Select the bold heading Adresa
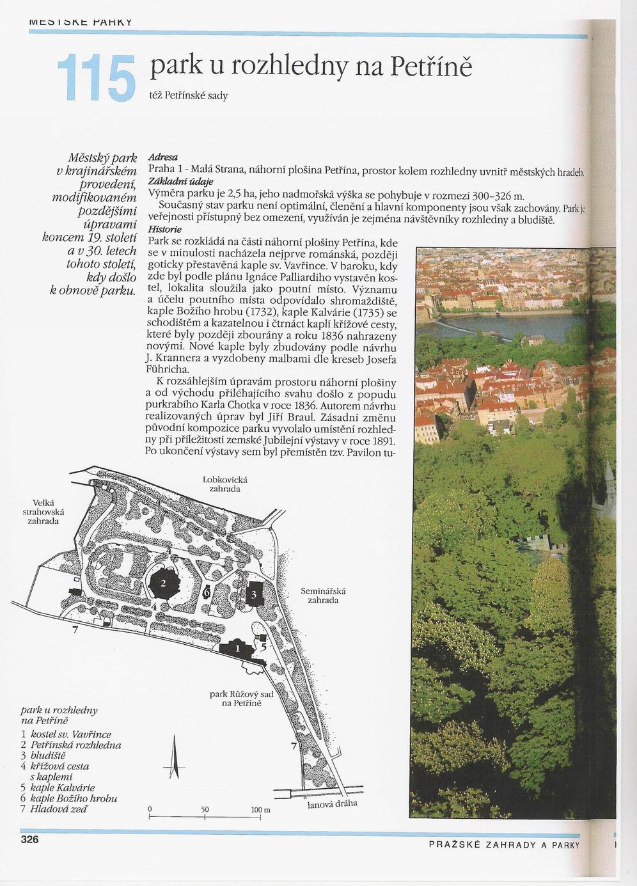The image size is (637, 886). pyautogui.click(x=162, y=157)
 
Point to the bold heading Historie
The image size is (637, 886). pyautogui.click(x=165, y=230)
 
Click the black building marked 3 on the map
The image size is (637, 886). pyautogui.click(x=254, y=594)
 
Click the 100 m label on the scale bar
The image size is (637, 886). pyautogui.click(x=260, y=810)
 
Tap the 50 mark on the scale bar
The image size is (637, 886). pyautogui.click(x=205, y=810)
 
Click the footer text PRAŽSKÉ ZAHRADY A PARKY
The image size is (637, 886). pyautogui.click(x=504, y=845)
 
